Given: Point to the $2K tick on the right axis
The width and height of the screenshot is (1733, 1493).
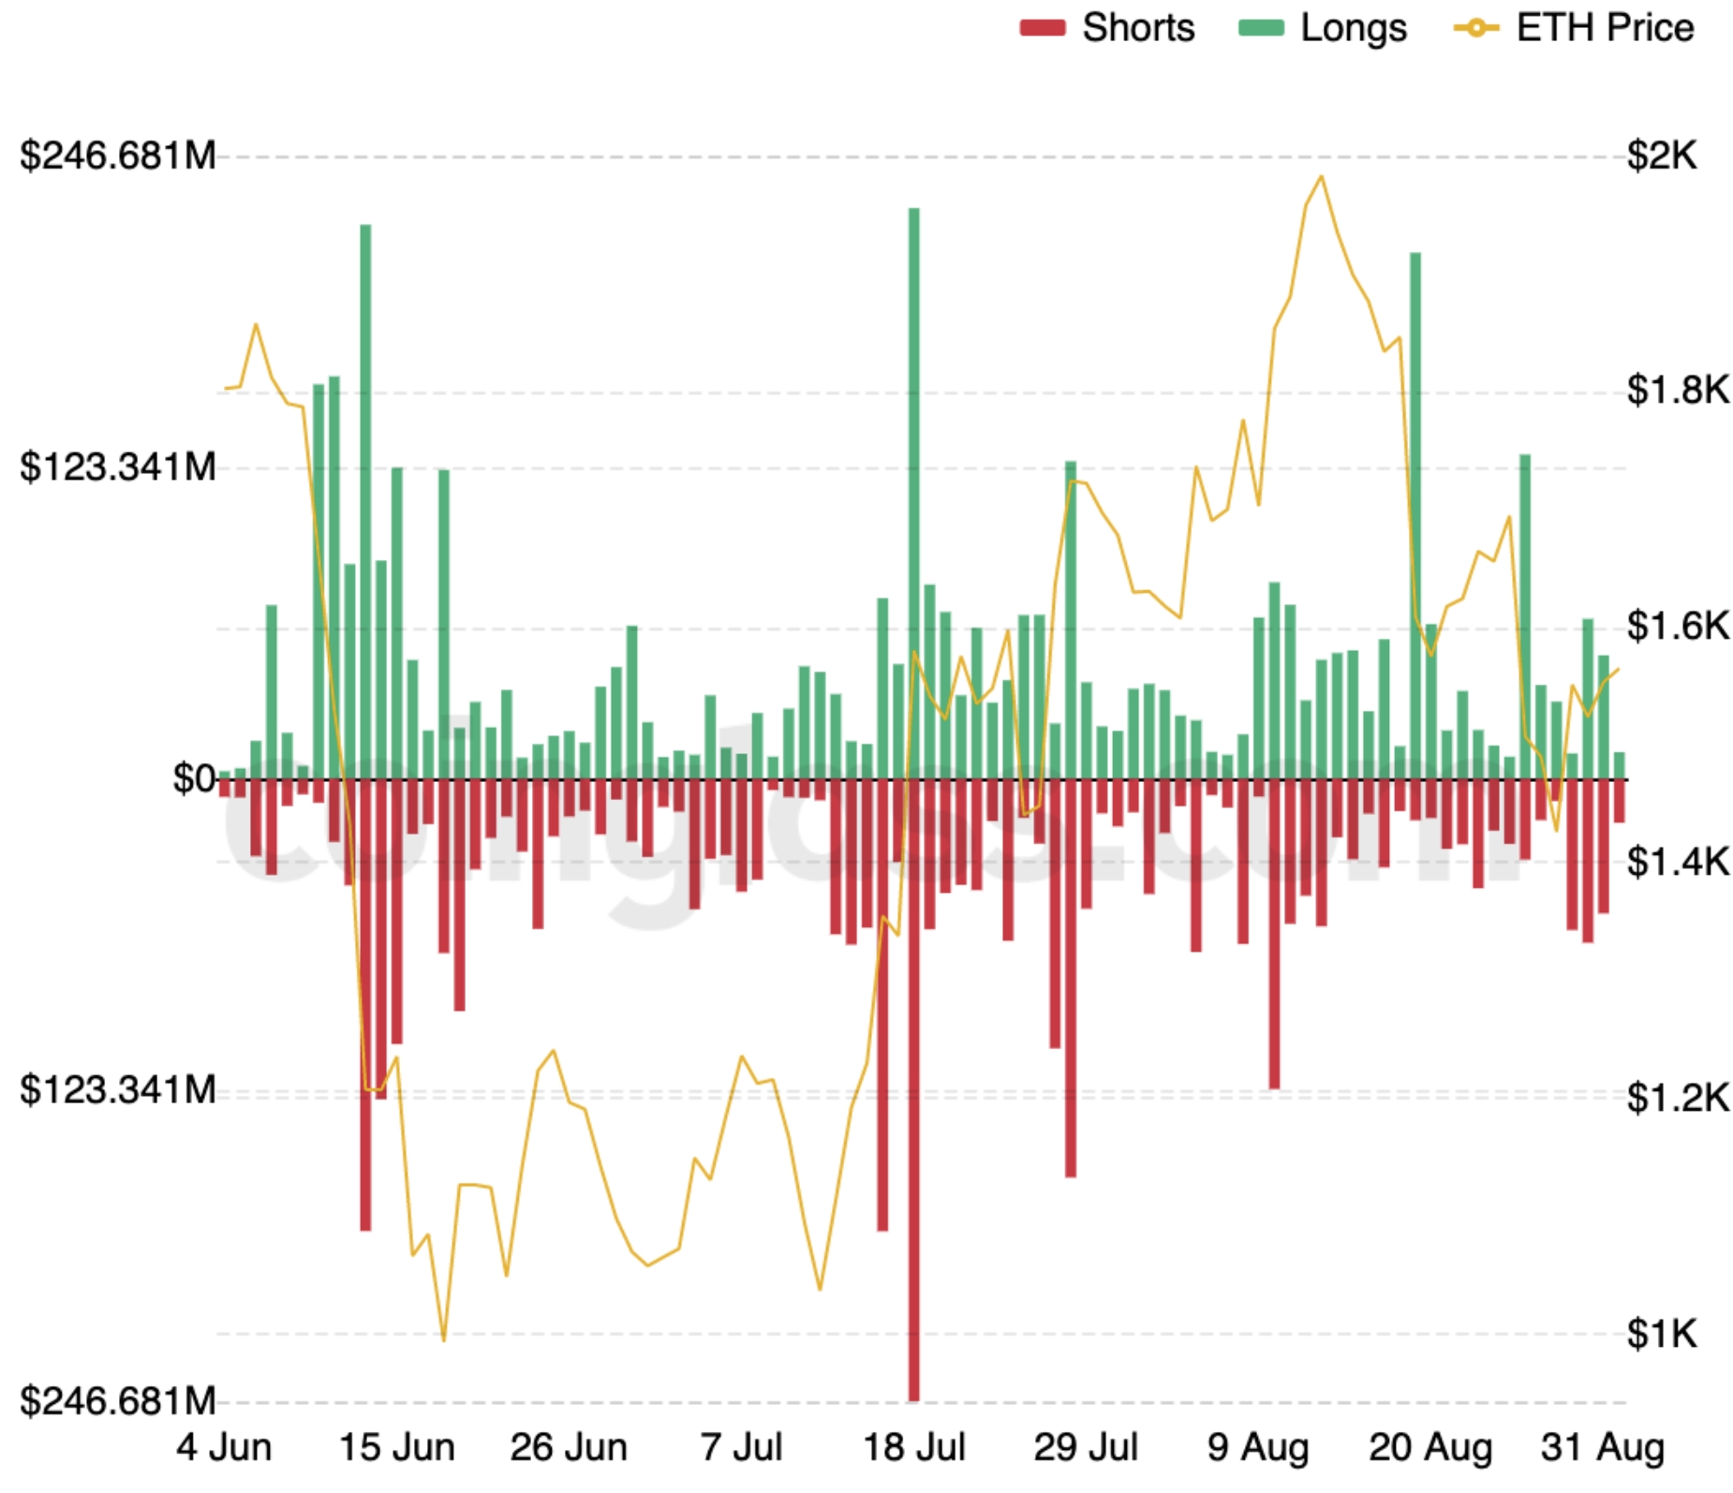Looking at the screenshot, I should [1661, 155].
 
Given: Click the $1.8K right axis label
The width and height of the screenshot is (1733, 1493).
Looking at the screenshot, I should [1677, 390].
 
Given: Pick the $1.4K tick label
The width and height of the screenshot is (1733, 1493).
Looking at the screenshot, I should [1677, 862].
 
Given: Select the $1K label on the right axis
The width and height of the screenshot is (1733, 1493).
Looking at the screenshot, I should [1661, 1333].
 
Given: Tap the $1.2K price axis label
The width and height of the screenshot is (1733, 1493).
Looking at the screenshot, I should [1677, 1097].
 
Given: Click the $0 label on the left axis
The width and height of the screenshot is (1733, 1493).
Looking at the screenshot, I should [194, 778].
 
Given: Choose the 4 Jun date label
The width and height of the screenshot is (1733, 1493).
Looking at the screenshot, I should [224, 1447].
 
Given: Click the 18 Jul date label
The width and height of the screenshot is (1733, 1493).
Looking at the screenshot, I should [913, 1447].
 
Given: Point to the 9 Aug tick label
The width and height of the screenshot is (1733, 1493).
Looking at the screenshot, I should [1257, 1447].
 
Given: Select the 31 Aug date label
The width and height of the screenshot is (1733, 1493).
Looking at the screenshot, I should [1602, 1447].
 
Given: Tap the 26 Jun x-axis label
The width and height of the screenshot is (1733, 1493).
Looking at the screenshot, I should [569, 1447].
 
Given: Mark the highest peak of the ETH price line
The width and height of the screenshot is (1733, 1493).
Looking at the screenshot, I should [1321, 176].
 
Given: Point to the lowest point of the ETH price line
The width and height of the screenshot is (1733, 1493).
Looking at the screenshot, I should [443, 1340].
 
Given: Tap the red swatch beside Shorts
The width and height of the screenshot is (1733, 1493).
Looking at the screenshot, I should [1042, 28].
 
